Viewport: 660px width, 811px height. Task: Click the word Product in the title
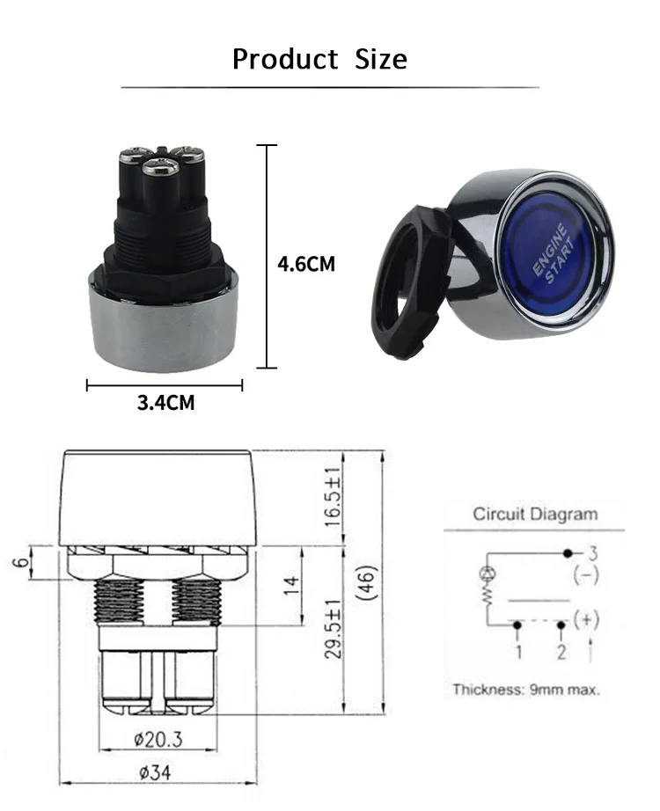click(284, 59)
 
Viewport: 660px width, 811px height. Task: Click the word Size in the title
click(381, 59)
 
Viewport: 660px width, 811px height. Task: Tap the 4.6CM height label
click(306, 264)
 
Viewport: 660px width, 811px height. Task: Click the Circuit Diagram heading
click(534, 514)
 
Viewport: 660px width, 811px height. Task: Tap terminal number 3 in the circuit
click(593, 553)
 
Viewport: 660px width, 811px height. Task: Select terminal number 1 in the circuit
click(518, 652)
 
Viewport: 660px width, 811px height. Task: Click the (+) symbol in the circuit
click(586, 619)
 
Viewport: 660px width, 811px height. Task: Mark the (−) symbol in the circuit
click(586, 576)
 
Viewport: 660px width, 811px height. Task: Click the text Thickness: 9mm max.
click(525, 690)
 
